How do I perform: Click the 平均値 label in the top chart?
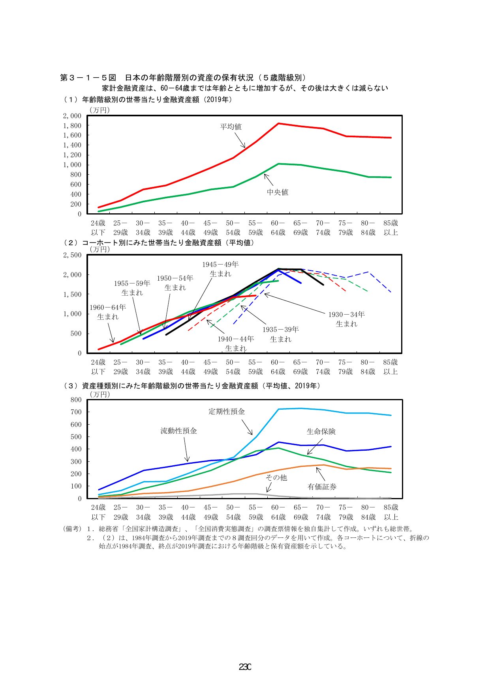click(231, 127)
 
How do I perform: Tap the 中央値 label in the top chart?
click(278, 192)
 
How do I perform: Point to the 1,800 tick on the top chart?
click(72, 125)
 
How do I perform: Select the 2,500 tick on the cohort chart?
click(72, 255)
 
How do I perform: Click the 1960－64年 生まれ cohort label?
click(108, 312)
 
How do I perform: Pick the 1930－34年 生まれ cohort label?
click(346, 319)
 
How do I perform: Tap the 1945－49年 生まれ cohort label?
click(220, 269)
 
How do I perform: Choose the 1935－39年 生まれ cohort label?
click(280, 334)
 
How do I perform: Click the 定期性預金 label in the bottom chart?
click(227, 411)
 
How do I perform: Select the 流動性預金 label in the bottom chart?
click(178, 431)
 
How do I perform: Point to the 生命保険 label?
click(321, 431)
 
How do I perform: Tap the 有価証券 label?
click(322, 487)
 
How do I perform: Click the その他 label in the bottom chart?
click(276, 477)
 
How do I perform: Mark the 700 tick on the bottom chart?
click(76, 412)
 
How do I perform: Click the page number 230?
click(245, 667)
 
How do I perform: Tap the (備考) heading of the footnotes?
click(72, 529)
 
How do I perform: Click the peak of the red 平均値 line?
click(278, 123)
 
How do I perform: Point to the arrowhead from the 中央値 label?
click(265, 175)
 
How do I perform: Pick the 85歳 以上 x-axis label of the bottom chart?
click(391, 512)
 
